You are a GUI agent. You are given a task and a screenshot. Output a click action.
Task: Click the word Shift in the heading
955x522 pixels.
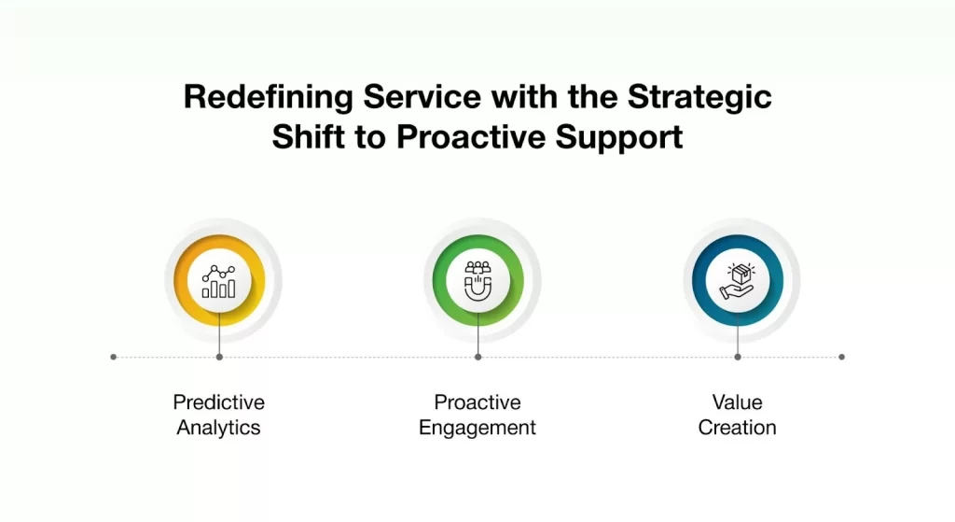pos(305,137)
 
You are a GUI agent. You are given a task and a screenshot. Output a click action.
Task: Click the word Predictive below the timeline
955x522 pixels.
pos(218,402)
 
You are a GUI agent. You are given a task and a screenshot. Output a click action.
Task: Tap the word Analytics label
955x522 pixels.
pos(218,428)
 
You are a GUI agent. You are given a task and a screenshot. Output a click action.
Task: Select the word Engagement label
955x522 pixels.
pos(477,428)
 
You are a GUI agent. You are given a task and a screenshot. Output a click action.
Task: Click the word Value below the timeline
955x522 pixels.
pos(737,402)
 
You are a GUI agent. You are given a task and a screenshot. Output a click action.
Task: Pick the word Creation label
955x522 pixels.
pos(737,428)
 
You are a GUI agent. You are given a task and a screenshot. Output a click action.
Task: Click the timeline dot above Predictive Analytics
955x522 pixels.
pos(218,357)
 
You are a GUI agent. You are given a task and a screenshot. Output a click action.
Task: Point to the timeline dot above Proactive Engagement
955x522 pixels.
pos(477,357)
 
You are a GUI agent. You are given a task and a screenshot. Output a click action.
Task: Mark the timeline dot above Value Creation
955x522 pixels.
pos(737,357)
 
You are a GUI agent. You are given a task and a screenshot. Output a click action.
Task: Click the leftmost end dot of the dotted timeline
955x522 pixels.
pos(114,357)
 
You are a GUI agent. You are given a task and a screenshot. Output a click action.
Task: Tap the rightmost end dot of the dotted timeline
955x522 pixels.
pos(841,357)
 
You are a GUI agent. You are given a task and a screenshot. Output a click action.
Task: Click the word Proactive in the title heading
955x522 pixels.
pos(472,137)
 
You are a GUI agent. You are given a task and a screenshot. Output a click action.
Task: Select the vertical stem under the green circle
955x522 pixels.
pos(477,332)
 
